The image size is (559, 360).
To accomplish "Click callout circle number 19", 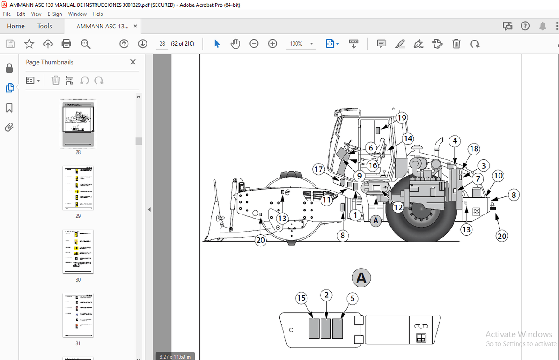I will (x=402, y=118).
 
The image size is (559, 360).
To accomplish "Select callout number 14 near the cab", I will (x=408, y=139).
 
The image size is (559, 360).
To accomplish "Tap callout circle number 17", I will (x=319, y=169).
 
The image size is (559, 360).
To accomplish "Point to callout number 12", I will (x=398, y=207).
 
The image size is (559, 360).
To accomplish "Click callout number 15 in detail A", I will (x=301, y=298).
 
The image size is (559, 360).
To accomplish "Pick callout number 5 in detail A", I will (x=353, y=298).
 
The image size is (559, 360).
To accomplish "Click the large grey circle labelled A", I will (x=361, y=278).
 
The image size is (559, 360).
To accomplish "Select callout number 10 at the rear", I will (x=498, y=176).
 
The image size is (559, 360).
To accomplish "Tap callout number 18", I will (x=473, y=149).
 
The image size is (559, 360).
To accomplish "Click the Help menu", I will (x=97, y=14).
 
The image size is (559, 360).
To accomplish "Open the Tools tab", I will (x=45, y=26).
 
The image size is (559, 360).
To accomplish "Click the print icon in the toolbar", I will (x=66, y=44).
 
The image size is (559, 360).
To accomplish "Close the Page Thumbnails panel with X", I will (x=133, y=62).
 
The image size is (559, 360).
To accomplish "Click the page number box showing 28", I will (x=162, y=44).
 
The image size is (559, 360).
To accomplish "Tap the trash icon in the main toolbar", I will (x=456, y=44).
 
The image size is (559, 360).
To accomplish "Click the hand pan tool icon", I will (x=235, y=44).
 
